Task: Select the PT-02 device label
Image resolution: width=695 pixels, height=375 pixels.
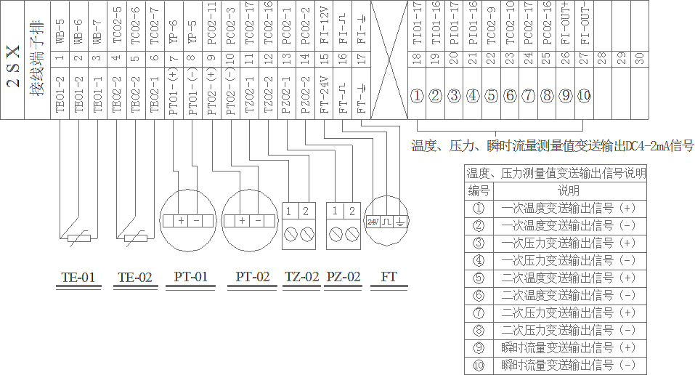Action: click(253, 277)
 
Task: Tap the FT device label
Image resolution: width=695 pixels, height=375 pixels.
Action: click(389, 277)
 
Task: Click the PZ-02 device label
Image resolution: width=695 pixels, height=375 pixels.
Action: click(344, 277)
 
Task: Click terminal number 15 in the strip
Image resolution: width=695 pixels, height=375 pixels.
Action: click(325, 57)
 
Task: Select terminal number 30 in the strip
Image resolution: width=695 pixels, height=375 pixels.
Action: click(639, 57)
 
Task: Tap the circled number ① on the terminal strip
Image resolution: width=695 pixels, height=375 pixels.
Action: click(417, 96)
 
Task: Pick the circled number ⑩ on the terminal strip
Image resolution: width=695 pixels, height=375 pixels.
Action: click(585, 96)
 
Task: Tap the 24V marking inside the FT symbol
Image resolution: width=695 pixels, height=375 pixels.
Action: click(373, 221)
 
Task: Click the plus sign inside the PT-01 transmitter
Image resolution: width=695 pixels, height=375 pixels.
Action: click(179, 220)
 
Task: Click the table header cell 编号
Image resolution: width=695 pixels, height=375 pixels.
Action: click(479, 190)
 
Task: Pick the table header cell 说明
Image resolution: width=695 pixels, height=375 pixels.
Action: click(569, 190)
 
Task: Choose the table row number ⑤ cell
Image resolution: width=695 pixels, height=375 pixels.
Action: click(479, 278)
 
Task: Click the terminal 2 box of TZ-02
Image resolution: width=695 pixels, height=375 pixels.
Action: click(307, 211)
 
